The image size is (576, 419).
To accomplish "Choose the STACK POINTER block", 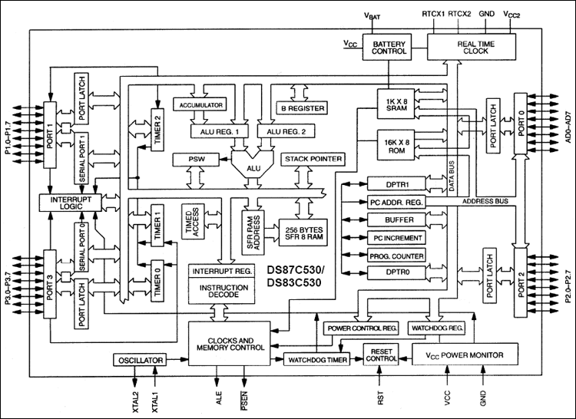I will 313,159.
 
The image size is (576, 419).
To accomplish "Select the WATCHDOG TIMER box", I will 316,359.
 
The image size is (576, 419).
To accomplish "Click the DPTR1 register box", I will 395,185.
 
